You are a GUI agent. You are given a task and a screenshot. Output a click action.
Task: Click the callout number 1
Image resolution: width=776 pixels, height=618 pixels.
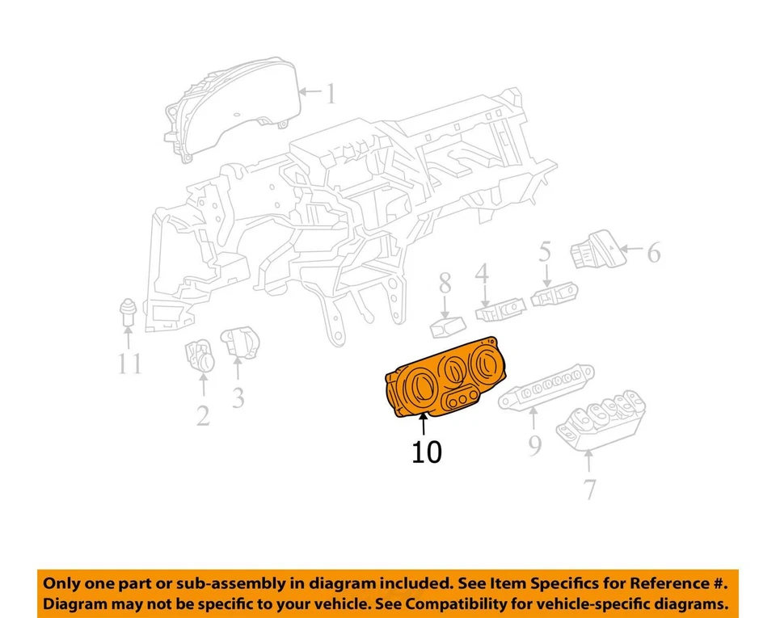(330, 94)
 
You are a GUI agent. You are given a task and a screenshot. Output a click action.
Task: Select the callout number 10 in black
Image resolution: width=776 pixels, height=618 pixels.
(427, 452)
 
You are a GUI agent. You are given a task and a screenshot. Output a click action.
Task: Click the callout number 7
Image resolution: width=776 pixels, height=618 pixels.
(589, 489)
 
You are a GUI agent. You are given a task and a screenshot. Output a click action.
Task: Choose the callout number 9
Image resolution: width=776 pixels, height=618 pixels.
(534, 446)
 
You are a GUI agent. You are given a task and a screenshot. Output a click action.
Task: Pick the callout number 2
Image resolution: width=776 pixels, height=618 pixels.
(202, 415)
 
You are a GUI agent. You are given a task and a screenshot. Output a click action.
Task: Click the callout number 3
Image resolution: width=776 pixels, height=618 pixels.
(238, 397)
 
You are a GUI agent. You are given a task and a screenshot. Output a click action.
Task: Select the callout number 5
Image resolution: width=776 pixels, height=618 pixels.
(545, 253)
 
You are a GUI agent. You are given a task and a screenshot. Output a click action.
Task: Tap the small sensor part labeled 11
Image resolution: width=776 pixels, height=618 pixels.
(128, 311)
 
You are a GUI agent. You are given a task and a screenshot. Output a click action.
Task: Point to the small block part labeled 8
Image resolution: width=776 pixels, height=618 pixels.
(445, 326)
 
